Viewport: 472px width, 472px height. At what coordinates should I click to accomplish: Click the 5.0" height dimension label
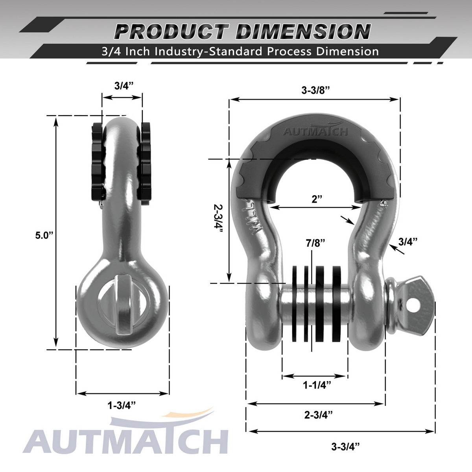click(44, 235)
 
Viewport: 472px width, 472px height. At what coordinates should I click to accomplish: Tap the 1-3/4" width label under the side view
click(122, 405)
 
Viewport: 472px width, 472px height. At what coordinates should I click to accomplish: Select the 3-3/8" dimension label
click(315, 90)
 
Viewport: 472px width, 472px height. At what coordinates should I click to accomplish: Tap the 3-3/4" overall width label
click(345, 446)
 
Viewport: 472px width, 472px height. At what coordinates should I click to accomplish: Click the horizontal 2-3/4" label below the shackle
click(318, 414)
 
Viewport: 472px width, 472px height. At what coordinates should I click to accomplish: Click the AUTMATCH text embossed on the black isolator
click(315, 131)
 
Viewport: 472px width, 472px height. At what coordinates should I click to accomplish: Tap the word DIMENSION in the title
click(303, 32)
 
